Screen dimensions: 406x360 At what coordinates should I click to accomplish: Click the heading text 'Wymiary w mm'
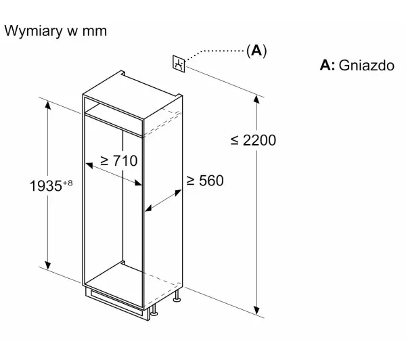click(x=55, y=31)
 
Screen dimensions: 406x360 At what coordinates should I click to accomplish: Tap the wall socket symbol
click(x=179, y=64)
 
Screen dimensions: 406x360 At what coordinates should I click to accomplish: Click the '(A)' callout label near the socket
click(x=256, y=51)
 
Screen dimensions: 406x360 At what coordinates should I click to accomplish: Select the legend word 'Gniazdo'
click(x=366, y=65)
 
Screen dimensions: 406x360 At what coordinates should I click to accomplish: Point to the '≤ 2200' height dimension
click(x=253, y=140)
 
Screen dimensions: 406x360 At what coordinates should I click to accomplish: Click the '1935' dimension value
click(x=46, y=186)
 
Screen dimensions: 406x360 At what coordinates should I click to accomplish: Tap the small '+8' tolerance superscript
click(x=68, y=183)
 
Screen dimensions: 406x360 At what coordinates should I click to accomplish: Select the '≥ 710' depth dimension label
click(x=119, y=160)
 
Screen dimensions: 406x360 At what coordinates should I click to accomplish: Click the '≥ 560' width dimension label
click(x=205, y=181)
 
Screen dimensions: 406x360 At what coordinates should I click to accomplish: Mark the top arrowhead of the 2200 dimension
click(x=256, y=99)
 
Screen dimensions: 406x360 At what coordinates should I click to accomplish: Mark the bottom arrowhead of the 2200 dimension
click(x=256, y=311)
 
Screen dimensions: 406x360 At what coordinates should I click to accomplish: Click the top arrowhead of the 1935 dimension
click(x=47, y=105)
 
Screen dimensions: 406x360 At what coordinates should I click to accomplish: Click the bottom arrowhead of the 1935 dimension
click(x=47, y=265)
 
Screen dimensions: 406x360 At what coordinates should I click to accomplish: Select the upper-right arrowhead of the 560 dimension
click(x=178, y=193)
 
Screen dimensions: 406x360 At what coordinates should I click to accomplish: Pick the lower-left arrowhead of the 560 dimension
click(x=148, y=208)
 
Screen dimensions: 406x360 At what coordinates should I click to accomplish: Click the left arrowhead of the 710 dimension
click(x=89, y=165)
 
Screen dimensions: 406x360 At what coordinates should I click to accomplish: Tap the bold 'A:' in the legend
click(x=328, y=65)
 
